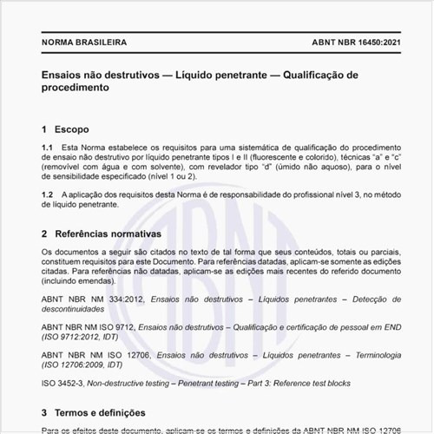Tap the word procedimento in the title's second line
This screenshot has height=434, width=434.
[x=74, y=89]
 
